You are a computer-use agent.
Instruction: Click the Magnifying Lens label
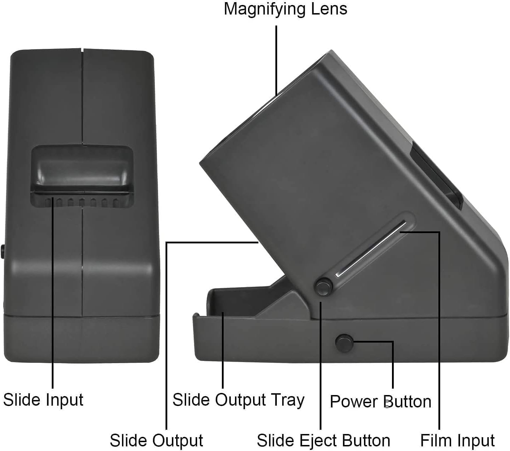(x=285, y=9)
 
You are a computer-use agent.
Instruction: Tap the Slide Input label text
(x=43, y=400)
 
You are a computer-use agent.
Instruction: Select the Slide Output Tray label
(x=238, y=400)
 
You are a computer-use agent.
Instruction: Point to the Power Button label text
(x=380, y=402)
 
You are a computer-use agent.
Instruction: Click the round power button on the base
(x=344, y=342)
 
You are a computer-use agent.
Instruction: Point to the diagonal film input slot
(x=370, y=248)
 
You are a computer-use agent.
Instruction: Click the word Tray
(x=288, y=400)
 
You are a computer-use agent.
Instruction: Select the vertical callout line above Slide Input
(x=52, y=291)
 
